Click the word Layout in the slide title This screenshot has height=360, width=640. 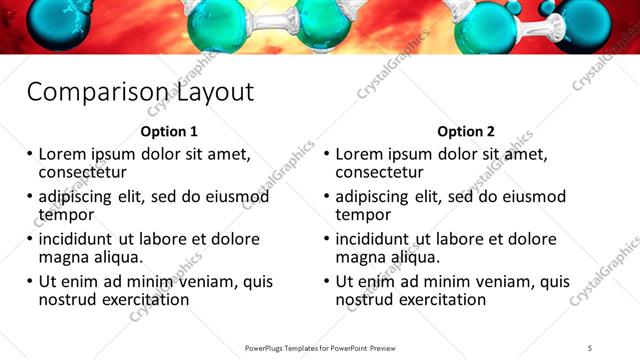[x=215, y=93]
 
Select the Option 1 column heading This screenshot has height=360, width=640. [x=169, y=132]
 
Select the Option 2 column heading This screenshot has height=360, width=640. [x=466, y=132]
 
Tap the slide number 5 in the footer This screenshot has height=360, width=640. [x=590, y=347]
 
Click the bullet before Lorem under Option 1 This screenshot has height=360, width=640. [x=29, y=156]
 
